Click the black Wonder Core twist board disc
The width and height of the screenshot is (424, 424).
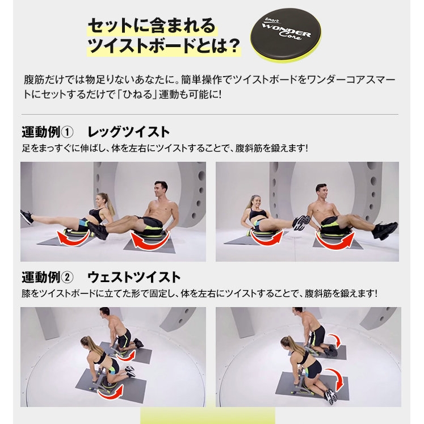286,35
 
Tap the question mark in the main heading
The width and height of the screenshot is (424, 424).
232,45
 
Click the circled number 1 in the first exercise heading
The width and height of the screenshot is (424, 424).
67,132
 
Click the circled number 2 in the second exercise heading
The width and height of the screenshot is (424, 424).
67,278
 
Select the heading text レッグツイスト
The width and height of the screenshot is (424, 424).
128,132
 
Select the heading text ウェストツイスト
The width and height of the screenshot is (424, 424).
134,278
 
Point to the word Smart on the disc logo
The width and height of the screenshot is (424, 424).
271,20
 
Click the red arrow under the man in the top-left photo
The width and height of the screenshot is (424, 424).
150,241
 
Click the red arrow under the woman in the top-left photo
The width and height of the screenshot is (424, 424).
74,238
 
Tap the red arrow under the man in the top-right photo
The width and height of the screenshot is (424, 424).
335,241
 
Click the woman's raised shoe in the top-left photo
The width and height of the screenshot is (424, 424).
27,217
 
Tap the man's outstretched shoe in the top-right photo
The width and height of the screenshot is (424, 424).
385,230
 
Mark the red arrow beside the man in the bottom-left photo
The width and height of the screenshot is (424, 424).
126,355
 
